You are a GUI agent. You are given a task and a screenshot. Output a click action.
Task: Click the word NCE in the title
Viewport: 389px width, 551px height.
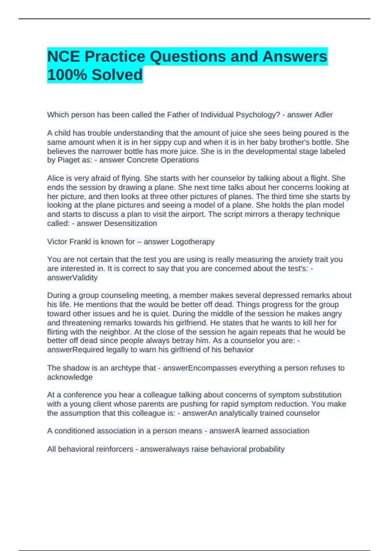pos(64,57)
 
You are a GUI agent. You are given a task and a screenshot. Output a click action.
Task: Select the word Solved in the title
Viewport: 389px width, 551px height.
pos(117,75)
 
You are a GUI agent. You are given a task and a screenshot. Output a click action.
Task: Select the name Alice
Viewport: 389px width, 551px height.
pos(56,178)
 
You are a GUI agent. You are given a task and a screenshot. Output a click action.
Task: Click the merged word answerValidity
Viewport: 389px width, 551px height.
pos(72,278)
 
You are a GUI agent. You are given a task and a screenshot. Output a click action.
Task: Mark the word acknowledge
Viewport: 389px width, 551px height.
pos(70,377)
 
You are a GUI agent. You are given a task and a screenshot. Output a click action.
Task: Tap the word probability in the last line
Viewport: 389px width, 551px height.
pos(266,449)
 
